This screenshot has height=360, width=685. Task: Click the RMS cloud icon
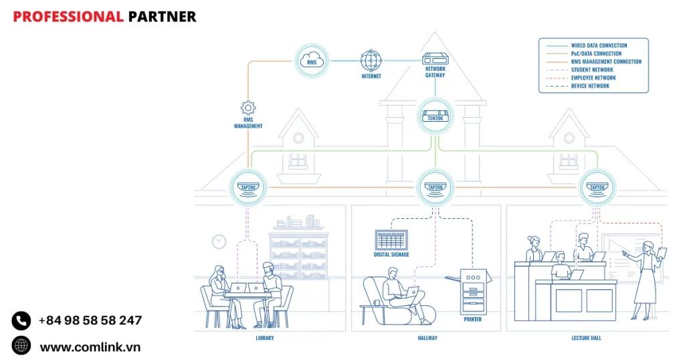312,61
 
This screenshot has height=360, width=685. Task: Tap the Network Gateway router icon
435,59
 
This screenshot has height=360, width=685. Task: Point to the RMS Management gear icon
248,107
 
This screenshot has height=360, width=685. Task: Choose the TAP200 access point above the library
248,187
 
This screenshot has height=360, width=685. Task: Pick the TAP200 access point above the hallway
435,187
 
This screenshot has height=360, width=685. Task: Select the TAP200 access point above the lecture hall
597,187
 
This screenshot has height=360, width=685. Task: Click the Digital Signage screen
391,240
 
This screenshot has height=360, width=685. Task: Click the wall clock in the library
219,241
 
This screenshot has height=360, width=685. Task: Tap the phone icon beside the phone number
21,321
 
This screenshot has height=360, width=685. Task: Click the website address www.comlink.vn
90,347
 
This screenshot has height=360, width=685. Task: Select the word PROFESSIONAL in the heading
68,17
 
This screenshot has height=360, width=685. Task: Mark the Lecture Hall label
587,338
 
